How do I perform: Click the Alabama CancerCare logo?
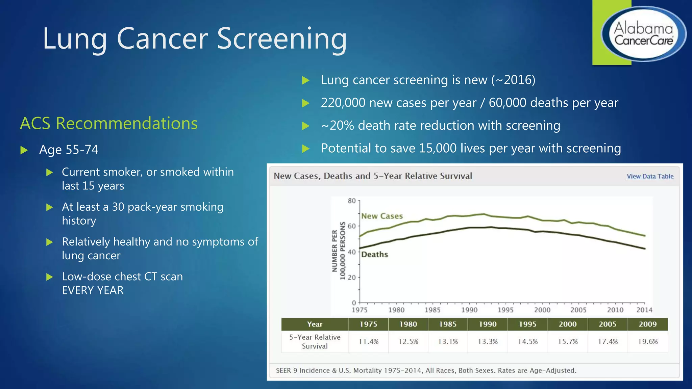coord(643,34)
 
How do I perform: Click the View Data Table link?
coord(650,176)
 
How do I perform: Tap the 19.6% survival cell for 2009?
coord(647,341)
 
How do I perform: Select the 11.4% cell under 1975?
coord(368,341)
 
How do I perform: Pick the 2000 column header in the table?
coord(567,324)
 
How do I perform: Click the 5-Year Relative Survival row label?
coord(315,341)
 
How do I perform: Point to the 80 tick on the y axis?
coord(352,201)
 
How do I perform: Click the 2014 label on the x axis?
coord(644,310)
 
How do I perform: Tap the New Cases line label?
coord(382,216)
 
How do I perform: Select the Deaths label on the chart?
coord(374,254)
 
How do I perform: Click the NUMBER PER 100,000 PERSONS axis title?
coord(338,251)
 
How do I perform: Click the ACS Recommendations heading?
coord(109,123)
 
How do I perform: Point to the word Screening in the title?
coord(281,39)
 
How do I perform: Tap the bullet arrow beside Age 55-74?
coord(24,150)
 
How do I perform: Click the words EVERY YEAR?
coord(93,290)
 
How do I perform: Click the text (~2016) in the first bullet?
coord(513,80)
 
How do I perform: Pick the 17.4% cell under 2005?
coord(608,341)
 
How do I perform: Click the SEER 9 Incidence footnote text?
coord(426,370)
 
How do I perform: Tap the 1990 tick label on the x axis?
coord(469,310)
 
